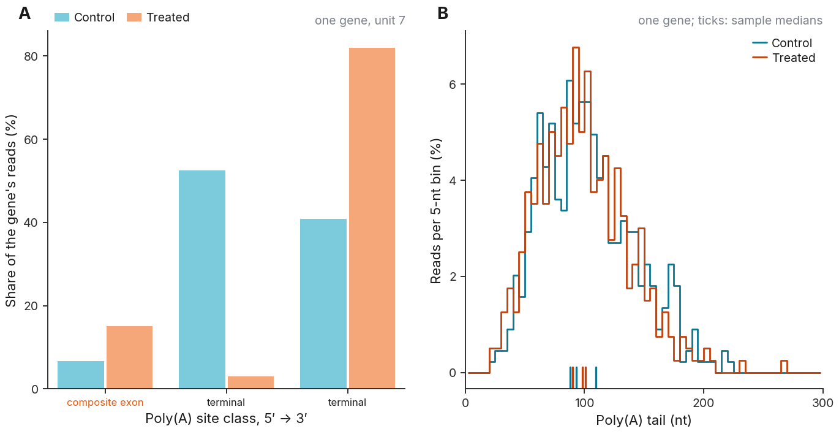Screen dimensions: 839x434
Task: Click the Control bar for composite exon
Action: pyautogui.click(x=80, y=375)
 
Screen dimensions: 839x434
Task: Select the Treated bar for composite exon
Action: pyautogui.click(x=129, y=357)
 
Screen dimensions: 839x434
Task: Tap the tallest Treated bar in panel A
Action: pyautogui.click(x=372, y=218)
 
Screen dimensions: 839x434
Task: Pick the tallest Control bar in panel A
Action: pyautogui.click(x=202, y=280)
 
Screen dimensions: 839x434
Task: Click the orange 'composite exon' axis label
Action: pyautogui.click(x=105, y=403)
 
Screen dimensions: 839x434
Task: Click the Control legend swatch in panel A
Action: pyautogui.click(x=62, y=17)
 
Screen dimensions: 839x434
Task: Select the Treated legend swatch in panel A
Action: pyautogui.click(x=134, y=17)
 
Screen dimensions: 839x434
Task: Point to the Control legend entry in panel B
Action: pyautogui.click(x=783, y=43)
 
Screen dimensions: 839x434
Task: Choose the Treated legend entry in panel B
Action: pyautogui.click(x=784, y=58)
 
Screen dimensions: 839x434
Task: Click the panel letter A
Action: pyautogui.click(x=24, y=13)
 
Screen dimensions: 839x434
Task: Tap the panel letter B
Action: pyautogui.click(x=443, y=13)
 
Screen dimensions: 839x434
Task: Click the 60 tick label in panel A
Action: pyautogui.click(x=31, y=140)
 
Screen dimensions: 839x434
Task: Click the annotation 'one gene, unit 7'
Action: pyautogui.click(x=360, y=20)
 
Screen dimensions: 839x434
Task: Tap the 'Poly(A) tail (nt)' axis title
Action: pyautogui.click(x=644, y=420)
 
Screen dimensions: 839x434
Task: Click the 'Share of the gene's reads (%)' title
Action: pyautogui.click(x=11, y=211)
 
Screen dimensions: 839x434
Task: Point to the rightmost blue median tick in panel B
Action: pyautogui.click(x=596, y=378)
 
